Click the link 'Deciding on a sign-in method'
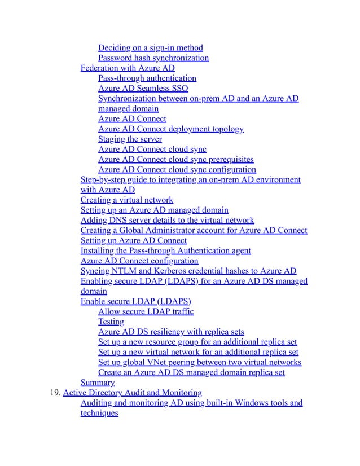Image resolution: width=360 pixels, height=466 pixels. click(x=150, y=47)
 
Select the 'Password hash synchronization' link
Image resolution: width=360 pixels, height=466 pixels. click(x=153, y=58)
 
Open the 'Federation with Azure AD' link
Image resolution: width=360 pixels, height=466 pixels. click(x=128, y=68)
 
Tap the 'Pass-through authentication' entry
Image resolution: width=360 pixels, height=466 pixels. click(x=147, y=78)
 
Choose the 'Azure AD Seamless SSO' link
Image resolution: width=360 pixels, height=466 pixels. click(x=143, y=88)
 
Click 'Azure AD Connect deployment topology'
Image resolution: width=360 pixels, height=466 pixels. click(x=171, y=129)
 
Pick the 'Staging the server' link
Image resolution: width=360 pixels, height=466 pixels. click(x=130, y=139)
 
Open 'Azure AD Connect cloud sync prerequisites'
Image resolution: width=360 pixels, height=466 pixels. click(x=175, y=159)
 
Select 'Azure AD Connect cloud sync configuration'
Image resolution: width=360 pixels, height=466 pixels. click(x=177, y=169)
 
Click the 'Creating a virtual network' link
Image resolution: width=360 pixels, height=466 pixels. click(x=127, y=200)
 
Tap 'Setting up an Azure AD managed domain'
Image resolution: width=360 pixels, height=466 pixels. click(x=155, y=210)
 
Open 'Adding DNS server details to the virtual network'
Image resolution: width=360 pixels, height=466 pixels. click(x=168, y=220)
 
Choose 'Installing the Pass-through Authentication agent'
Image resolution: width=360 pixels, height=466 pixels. click(x=166, y=250)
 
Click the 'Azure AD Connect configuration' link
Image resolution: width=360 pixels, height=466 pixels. click(x=139, y=261)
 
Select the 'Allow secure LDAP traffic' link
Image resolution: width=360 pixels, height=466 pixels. click(x=146, y=311)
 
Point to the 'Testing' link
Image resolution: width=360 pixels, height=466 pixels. click(x=111, y=322)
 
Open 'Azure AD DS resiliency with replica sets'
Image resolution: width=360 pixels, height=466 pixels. click(x=171, y=332)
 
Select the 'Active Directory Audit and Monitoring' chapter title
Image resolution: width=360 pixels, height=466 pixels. click(x=133, y=393)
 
